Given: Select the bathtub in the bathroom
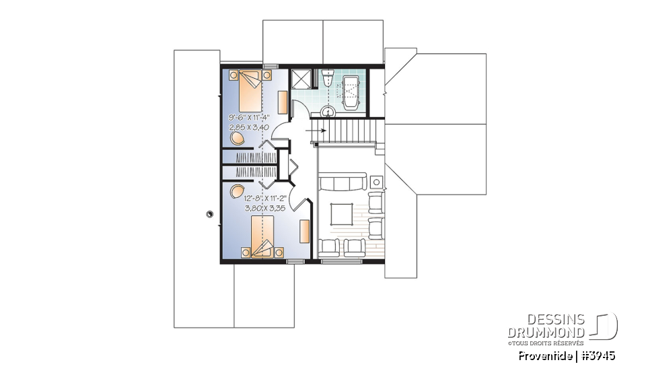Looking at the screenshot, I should [x=352, y=91].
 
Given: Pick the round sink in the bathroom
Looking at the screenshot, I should [x=329, y=112].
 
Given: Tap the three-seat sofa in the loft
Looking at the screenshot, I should [x=343, y=182].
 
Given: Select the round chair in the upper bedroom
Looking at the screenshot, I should [x=237, y=138].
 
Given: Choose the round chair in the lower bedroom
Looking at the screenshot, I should [x=236, y=190].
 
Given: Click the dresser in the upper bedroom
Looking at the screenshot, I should [x=283, y=102].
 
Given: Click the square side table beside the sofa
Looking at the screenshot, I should [x=375, y=181].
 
